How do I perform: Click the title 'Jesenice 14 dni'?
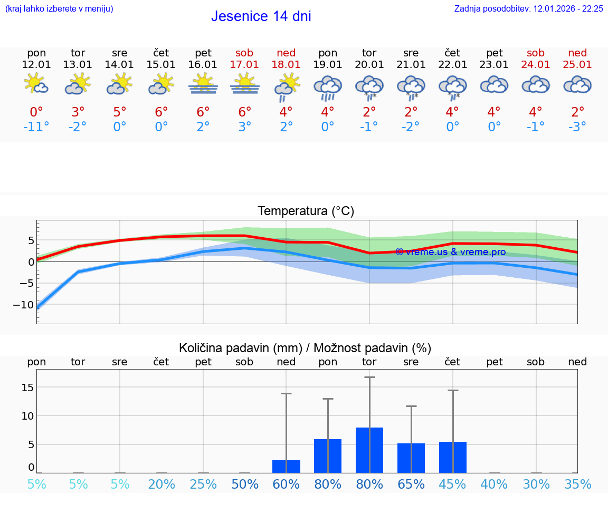(x=261, y=16)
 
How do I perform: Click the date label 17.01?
(x=244, y=65)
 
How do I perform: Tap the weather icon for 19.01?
(x=328, y=86)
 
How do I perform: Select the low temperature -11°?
(x=36, y=127)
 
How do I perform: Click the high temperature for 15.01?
(x=161, y=112)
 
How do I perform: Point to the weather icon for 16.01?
(x=203, y=84)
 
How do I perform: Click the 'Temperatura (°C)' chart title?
(x=306, y=211)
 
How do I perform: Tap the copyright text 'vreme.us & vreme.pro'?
(x=450, y=252)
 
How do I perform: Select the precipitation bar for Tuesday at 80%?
(x=369, y=450)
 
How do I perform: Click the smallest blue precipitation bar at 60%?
(x=286, y=467)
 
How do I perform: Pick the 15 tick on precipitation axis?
(x=27, y=387)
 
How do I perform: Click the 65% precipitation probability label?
(x=411, y=484)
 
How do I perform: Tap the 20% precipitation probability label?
(x=161, y=484)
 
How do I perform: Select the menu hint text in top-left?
(x=59, y=9)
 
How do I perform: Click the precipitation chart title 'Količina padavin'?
(x=305, y=348)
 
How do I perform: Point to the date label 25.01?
(x=577, y=65)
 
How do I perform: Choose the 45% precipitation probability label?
(x=453, y=484)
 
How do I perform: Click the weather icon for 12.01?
(x=36, y=84)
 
